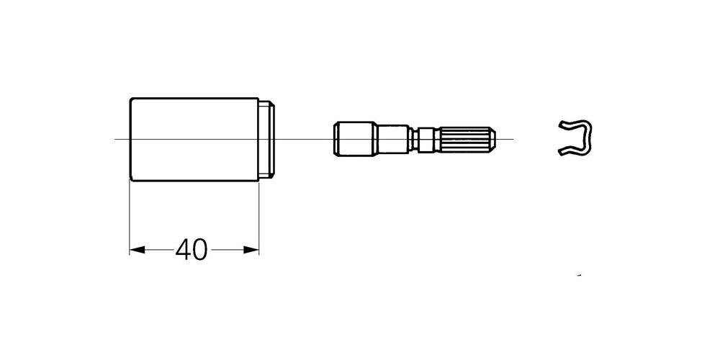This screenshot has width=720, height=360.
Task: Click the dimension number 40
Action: [x=192, y=250]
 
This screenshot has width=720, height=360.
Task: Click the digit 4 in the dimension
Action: [x=183, y=250]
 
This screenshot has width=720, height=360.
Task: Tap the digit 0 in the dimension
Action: [x=200, y=250]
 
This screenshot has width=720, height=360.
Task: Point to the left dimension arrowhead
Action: [x=138, y=250]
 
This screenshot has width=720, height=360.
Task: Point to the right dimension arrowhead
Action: [x=251, y=250]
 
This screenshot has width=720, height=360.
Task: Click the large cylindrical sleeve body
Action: [x=194, y=140]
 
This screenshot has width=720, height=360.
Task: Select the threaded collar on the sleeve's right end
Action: [x=267, y=140]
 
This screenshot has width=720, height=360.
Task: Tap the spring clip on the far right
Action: [x=575, y=138]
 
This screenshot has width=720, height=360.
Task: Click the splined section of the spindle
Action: [x=464, y=139]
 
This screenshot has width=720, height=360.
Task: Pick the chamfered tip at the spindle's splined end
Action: [x=492, y=139]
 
